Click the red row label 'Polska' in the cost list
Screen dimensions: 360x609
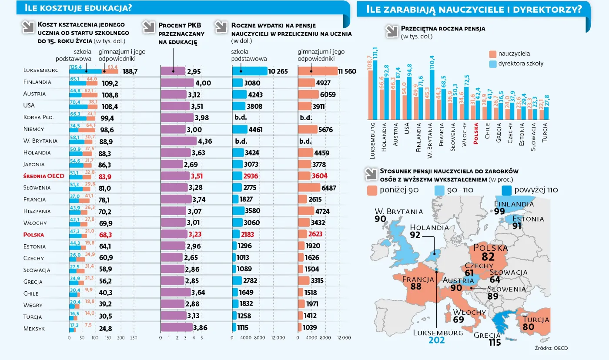point(34,234)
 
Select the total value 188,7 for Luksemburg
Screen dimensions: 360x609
point(130,71)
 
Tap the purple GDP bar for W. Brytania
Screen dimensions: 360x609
point(179,141)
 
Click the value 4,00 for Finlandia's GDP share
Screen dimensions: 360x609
point(203,83)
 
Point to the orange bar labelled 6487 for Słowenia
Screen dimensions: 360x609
point(308,188)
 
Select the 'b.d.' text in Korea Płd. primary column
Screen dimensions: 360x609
point(241,118)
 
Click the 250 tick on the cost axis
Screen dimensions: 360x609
point(134,338)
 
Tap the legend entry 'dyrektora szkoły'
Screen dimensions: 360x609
point(520,64)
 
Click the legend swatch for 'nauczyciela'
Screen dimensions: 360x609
point(492,54)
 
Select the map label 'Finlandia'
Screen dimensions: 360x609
point(514,204)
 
